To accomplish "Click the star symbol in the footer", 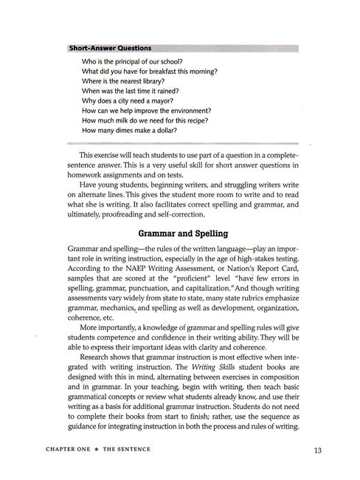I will pyautogui.click(x=105, y=450).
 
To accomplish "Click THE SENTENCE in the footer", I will pyautogui.click(x=140, y=450).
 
